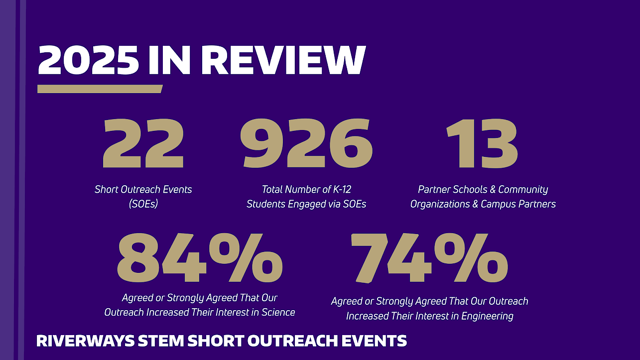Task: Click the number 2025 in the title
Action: click(89, 60)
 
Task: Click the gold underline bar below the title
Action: click(100, 89)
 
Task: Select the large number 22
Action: click(143, 144)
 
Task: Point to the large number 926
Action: click(306, 144)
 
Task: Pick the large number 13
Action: click(482, 144)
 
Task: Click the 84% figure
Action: click(200, 257)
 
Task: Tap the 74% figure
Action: click(429, 257)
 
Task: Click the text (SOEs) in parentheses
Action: click(143, 204)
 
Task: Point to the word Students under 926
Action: click(267, 204)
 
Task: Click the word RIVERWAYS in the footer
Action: click(77, 341)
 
